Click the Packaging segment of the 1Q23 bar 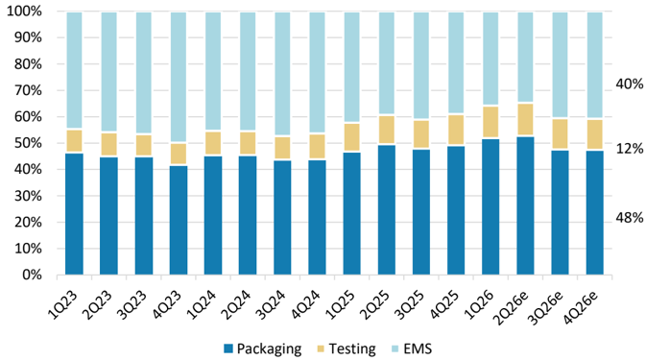(x=74, y=214)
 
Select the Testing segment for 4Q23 (x=179, y=154)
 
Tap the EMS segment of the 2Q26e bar (x=525, y=58)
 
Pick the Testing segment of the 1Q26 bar (x=490, y=122)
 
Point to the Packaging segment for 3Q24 (x=282, y=218)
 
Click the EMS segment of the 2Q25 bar (x=387, y=63)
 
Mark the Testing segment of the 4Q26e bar (x=595, y=135)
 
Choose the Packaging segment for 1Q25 (x=352, y=213)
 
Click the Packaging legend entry (x=262, y=348)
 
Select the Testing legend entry (x=347, y=348)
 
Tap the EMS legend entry (x=412, y=348)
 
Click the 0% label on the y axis (x=32, y=275)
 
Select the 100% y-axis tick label (x=25, y=12)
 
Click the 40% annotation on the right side (x=629, y=84)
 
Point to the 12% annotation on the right (x=629, y=149)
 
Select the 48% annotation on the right (x=629, y=218)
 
